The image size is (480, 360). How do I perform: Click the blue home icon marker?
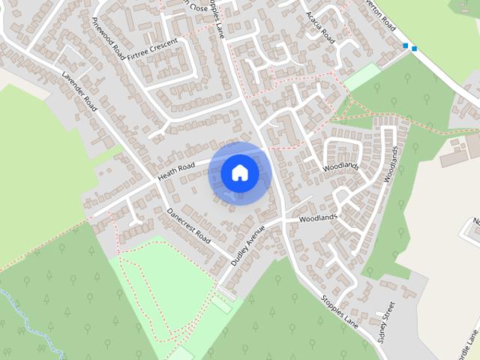tap(240, 172)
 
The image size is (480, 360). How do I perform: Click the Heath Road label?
tap(176, 170)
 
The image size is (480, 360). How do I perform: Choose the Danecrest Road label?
tap(189, 224)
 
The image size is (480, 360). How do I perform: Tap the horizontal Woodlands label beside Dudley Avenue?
tap(318, 218)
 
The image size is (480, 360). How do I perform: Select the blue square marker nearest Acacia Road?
tap(406, 46)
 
